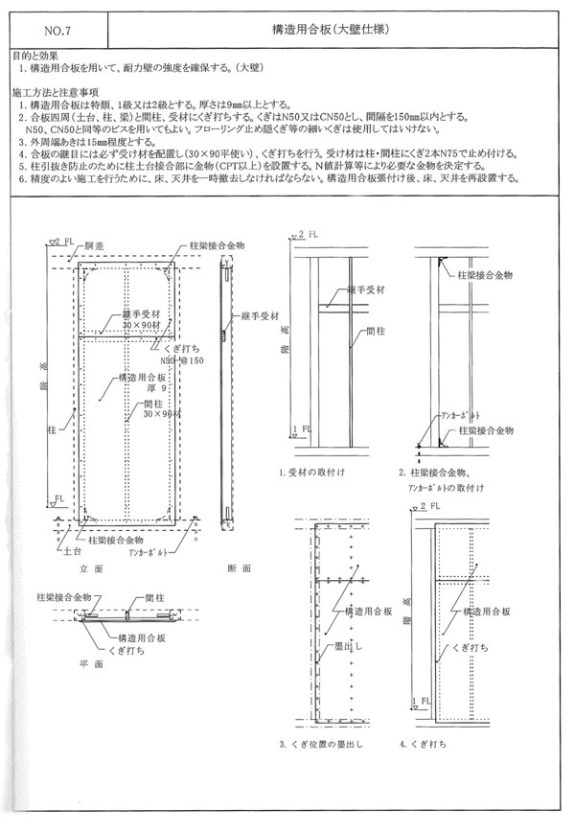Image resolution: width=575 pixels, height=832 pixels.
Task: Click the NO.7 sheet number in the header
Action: (52, 31)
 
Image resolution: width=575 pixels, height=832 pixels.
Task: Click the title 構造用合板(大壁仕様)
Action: (331, 31)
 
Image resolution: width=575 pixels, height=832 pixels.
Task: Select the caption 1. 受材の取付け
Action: (313, 474)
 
